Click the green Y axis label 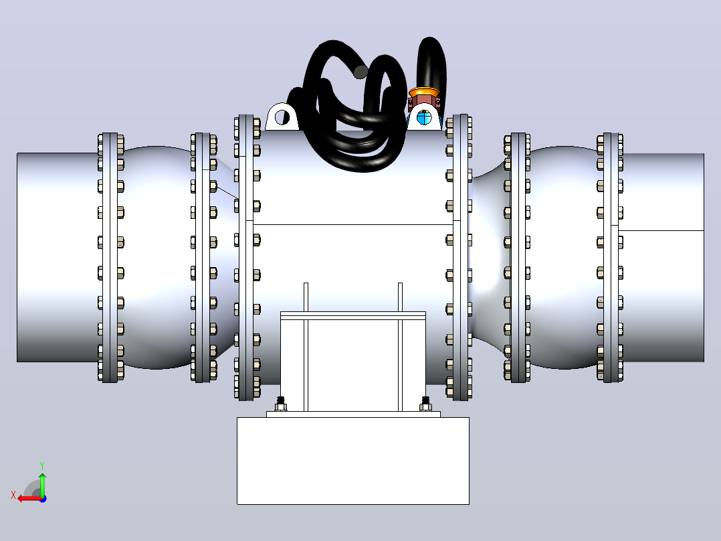click(42, 465)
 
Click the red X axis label click(13, 495)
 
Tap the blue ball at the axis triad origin click(43, 499)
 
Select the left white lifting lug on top click(282, 117)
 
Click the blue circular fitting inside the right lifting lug click(424, 117)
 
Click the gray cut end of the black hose click(360, 72)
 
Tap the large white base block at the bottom click(353, 461)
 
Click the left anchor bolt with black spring click(281, 404)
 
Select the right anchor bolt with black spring click(426, 404)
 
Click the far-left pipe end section click(58, 257)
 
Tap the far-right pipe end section click(663, 257)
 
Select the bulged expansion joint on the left click(157, 257)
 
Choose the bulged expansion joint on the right click(564, 257)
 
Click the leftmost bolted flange click(110, 257)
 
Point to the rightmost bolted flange click(611, 257)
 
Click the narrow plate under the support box click(354, 414)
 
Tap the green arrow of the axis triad click(42, 484)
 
